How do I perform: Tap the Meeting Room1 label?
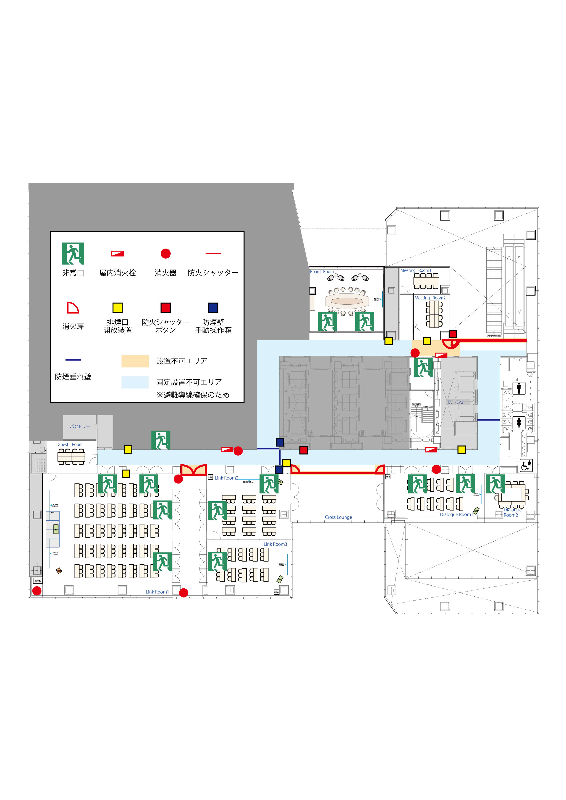(x=415, y=270)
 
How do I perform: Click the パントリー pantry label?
(x=80, y=426)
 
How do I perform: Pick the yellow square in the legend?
(x=118, y=307)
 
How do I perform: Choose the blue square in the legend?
(x=213, y=307)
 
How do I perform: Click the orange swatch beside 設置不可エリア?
(x=135, y=361)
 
